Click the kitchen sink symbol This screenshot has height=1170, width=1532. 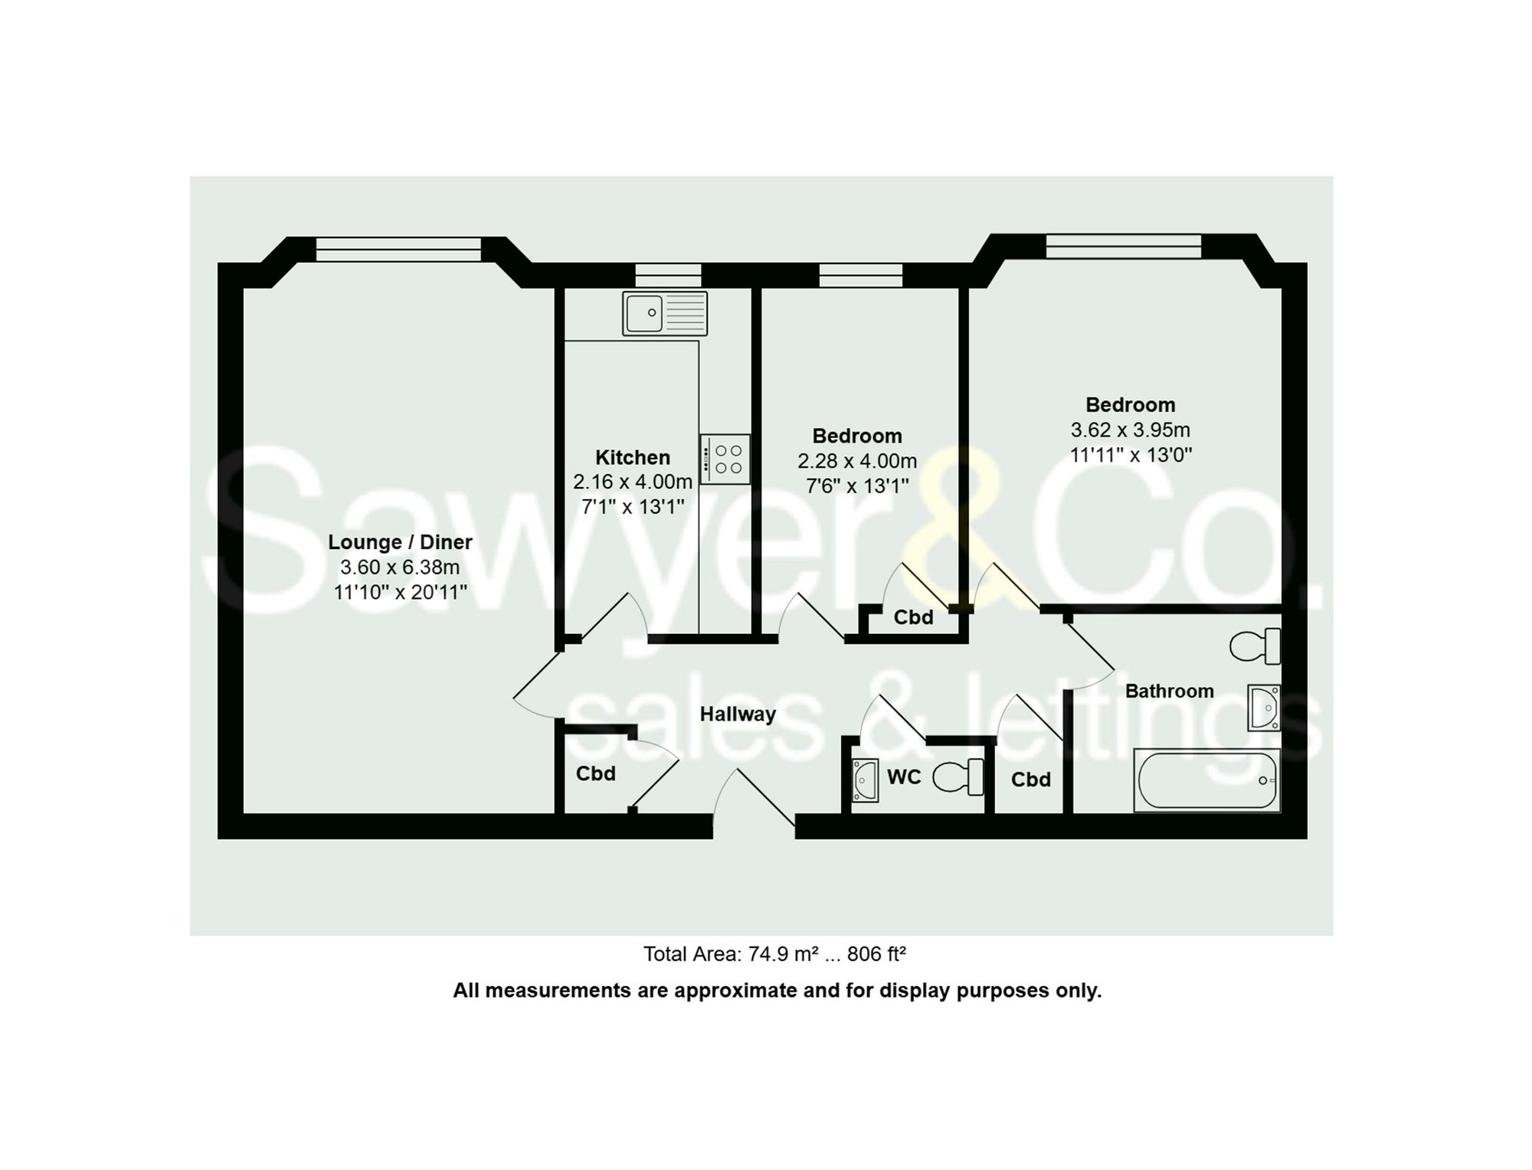pyautogui.click(x=664, y=313)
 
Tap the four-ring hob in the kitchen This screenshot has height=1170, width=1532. pyautogui.click(x=725, y=459)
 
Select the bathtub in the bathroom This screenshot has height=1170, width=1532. pyautogui.click(x=1206, y=780)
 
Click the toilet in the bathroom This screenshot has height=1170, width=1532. pyautogui.click(x=1255, y=646)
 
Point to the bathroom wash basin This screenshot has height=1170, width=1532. pyautogui.click(x=1264, y=708)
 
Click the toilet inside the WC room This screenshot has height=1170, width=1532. pyautogui.click(x=959, y=776)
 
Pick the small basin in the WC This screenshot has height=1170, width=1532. pyautogui.click(x=866, y=779)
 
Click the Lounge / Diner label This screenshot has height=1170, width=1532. pyautogui.click(x=400, y=542)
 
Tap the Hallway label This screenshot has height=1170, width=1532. pyautogui.click(x=738, y=714)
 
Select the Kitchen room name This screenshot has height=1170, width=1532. pyautogui.click(x=633, y=457)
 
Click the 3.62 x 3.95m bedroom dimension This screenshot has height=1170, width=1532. pyautogui.click(x=1130, y=430)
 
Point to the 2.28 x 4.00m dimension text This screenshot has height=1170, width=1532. pyautogui.click(x=857, y=461)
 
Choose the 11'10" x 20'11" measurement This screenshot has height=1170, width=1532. pyautogui.click(x=400, y=592)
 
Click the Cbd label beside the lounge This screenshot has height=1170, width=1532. pyautogui.click(x=596, y=773)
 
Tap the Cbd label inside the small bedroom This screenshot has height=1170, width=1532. pyautogui.click(x=913, y=617)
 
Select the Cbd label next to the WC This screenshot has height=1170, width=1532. pyautogui.click(x=1030, y=779)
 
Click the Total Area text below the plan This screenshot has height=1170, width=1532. pyautogui.click(x=774, y=954)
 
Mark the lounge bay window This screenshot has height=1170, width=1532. pyautogui.click(x=398, y=249)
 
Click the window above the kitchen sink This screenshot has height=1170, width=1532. pyautogui.click(x=668, y=275)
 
